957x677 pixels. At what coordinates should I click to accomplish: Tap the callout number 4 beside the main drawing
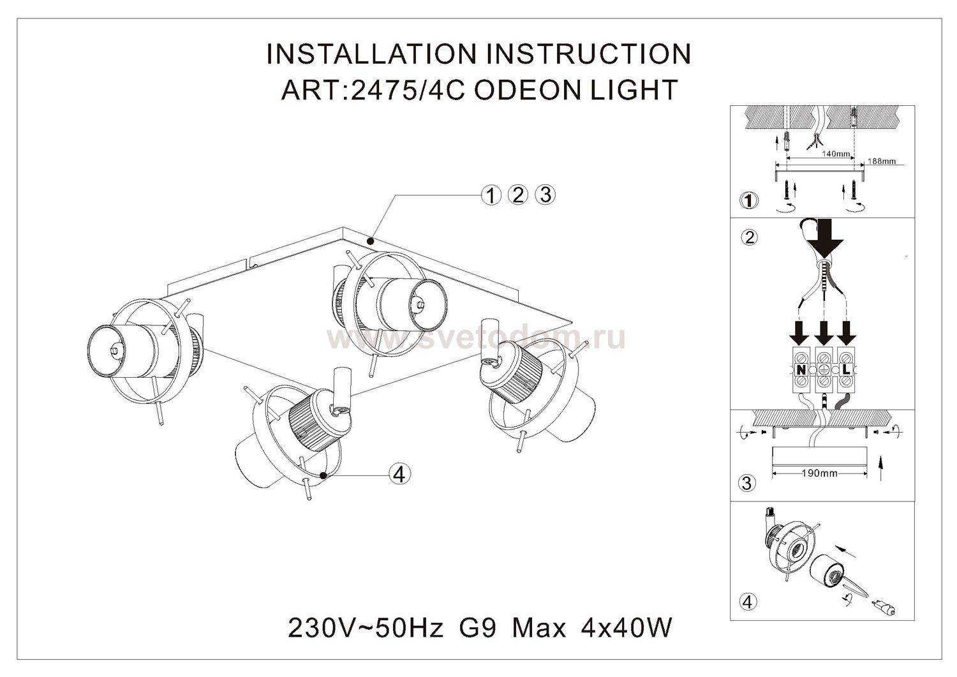[399, 474]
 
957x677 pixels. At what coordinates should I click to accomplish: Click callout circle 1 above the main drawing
[491, 195]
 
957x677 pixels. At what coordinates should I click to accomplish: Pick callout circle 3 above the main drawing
[545, 195]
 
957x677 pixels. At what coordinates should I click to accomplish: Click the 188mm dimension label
[882, 161]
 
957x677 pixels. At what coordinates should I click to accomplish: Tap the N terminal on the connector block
[800, 369]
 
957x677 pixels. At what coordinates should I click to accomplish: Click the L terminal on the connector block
[846, 369]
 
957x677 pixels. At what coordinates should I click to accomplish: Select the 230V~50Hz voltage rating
[366, 629]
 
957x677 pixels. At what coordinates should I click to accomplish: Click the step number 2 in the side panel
[749, 237]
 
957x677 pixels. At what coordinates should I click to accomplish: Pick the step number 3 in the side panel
[748, 483]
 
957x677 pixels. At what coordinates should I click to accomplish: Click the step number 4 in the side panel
[748, 601]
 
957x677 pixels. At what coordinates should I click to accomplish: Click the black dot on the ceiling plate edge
[371, 242]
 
